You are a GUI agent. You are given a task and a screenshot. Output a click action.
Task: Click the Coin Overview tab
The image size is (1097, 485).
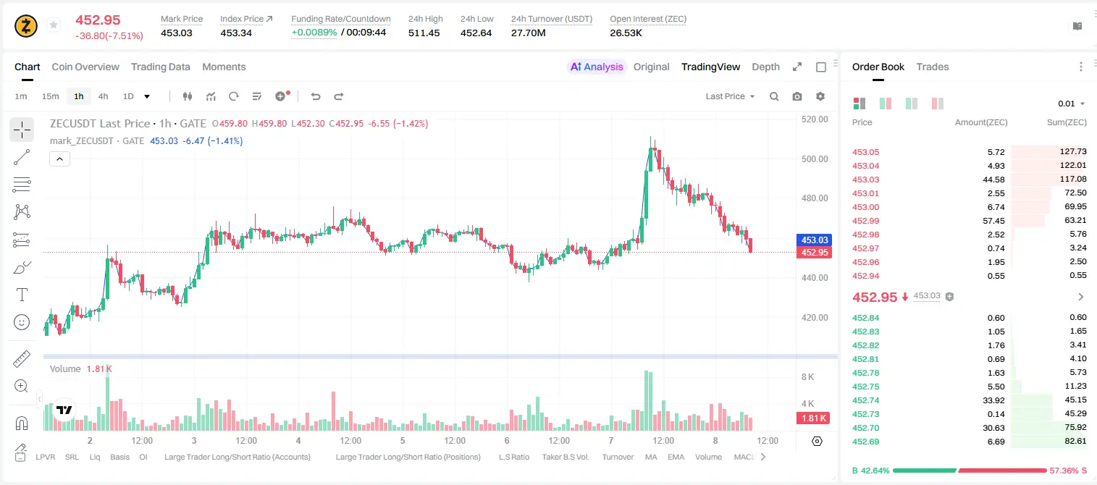(x=85, y=67)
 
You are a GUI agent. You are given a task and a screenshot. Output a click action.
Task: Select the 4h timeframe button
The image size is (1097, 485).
(x=103, y=96)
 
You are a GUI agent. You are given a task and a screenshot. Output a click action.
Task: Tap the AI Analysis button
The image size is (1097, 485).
(x=597, y=67)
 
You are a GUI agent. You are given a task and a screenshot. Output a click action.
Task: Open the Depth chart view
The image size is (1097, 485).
(x=765, y=67)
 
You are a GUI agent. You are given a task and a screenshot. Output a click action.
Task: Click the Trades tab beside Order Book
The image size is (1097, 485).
(x=933, y=67)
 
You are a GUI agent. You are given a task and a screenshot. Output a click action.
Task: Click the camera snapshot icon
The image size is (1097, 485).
(x=797, y=96)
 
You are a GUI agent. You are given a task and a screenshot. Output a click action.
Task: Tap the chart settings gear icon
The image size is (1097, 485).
(x=820, y=96)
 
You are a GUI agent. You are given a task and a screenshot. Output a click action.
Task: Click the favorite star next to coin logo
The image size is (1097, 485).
(x=54, y=25)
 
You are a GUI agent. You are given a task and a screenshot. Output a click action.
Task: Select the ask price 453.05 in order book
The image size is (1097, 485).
(x=865, y=152)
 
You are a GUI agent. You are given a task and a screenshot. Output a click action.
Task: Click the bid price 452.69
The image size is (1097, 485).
(x=865, y=442)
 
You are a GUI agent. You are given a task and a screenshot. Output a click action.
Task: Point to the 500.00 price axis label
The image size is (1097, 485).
(x=815, y=159)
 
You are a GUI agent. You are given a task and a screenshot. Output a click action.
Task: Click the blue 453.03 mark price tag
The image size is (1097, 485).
(x=814, y=240)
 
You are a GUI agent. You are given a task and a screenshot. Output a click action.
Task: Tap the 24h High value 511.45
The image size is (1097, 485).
(x=424, y=33)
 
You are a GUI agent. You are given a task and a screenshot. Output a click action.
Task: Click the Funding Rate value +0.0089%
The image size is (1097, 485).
(x=314, y=33)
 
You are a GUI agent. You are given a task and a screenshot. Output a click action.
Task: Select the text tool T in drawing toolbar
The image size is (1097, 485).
(x=22, y=295)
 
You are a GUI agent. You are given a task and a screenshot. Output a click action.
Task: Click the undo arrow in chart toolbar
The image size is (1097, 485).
(x=316, y=96)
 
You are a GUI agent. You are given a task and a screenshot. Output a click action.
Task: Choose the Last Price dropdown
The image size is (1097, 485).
(x=730, y=96)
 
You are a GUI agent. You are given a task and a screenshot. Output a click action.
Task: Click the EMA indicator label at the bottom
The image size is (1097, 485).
(x=676, y=457)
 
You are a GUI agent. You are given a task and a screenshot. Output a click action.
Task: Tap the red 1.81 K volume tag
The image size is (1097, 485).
(x=813, y=418)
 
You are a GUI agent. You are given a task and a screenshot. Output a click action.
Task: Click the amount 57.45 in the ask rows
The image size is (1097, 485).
(x=993, y=221)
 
